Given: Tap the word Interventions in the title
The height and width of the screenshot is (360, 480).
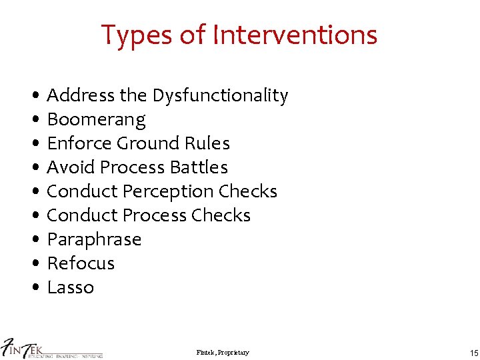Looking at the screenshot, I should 295,35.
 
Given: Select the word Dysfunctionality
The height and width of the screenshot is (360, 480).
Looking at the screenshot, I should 220,96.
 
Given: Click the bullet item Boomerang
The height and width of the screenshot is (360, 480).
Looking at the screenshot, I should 96,120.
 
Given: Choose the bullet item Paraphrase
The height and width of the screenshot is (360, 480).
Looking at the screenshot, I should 94,239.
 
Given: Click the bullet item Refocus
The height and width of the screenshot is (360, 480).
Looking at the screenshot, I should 81,263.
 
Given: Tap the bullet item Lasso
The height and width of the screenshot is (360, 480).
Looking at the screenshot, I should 71,287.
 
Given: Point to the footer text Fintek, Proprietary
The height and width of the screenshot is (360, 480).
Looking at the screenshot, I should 223,352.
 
